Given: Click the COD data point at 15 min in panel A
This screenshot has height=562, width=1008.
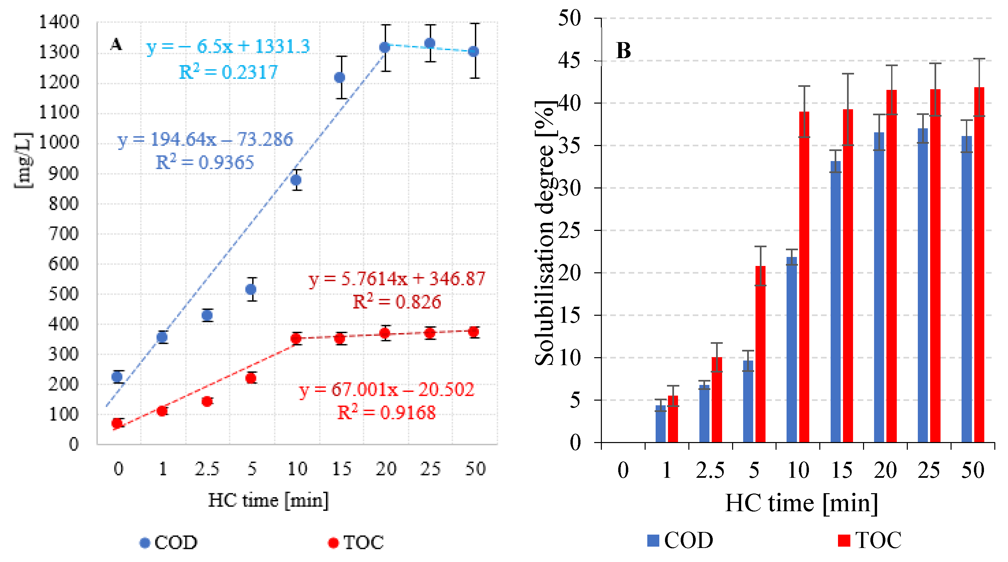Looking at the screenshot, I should pos(340,77).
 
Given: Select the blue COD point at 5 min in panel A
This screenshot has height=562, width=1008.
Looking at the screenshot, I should pos(251,289).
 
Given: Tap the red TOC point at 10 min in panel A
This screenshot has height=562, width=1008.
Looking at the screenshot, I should pos(296,338).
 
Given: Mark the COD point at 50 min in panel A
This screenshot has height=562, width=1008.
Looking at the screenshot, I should pos(474,51).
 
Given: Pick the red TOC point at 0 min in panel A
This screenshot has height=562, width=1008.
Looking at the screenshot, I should pos(117,423).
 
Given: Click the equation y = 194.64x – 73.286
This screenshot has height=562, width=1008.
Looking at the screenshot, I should pos(205,139).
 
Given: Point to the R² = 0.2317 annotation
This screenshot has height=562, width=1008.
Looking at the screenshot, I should pos(228,72).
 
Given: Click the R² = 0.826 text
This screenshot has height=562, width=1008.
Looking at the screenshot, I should pos(397,302).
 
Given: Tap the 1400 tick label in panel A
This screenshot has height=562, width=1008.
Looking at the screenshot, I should pos(59,22).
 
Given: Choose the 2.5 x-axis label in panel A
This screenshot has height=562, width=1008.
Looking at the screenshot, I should pos(207,468).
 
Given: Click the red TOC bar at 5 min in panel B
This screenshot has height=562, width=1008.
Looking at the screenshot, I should pos(760,354).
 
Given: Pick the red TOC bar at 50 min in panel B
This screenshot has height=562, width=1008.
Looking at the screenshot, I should pos(979,265).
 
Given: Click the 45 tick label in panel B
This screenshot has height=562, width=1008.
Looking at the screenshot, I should pos(569,61).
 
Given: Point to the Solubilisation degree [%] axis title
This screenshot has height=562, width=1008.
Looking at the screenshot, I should pos(545,233).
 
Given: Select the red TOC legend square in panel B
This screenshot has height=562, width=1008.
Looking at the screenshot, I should pos(844,541).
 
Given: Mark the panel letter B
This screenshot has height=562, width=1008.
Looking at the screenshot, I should pos(623,51).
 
